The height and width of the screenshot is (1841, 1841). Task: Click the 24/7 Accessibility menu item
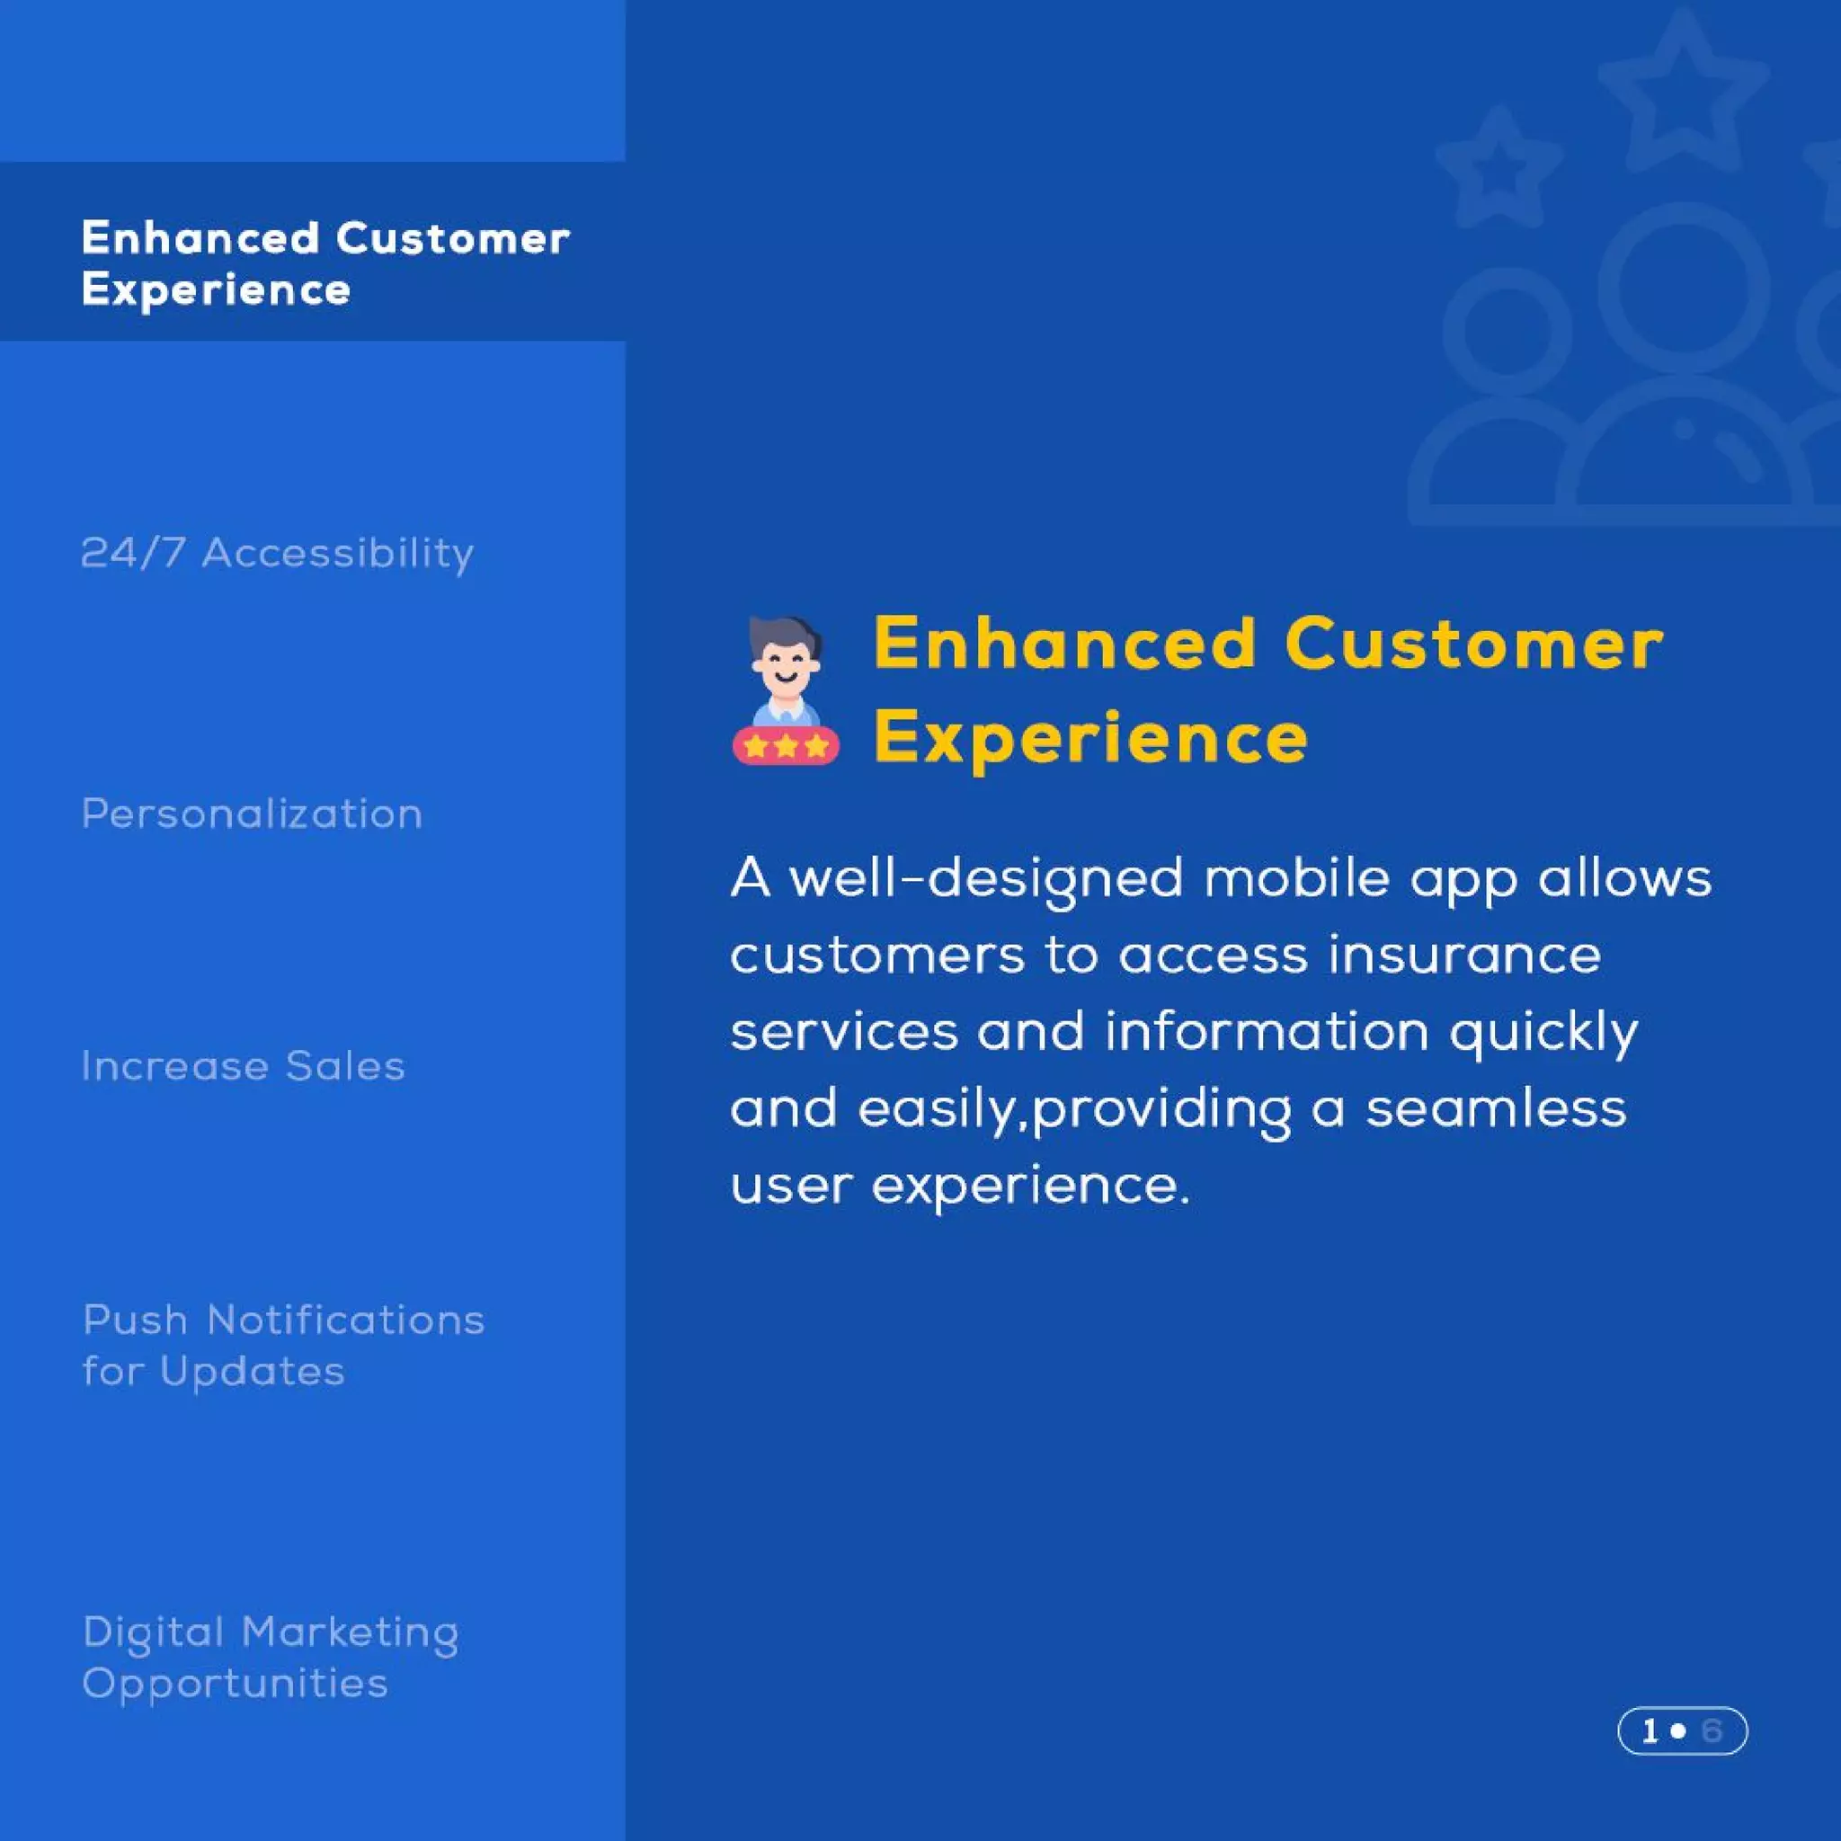(x=276, y=554)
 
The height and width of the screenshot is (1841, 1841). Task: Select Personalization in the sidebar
(x=252, y=814)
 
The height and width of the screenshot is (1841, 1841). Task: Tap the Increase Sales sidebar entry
(x=243, y=1066)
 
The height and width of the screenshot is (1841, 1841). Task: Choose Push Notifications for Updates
(x=283, y=1346)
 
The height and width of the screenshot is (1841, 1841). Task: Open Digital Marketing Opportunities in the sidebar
(x=271, y=1658)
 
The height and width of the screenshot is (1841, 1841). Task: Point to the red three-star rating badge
(x=785, y=746)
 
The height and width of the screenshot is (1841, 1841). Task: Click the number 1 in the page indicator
(x=1650, y=1730)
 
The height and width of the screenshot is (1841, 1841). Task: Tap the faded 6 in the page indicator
(x=1712, y=1730)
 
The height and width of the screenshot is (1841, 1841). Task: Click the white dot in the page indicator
(x=1679, y=1730)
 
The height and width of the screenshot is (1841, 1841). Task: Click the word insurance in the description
(x=1464, y=956)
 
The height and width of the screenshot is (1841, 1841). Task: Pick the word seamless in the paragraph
(x=1496, y=1109)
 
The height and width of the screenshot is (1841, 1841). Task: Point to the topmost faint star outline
(x=1684, y=91)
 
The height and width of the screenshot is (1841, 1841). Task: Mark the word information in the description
(x=1267, y=1032)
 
